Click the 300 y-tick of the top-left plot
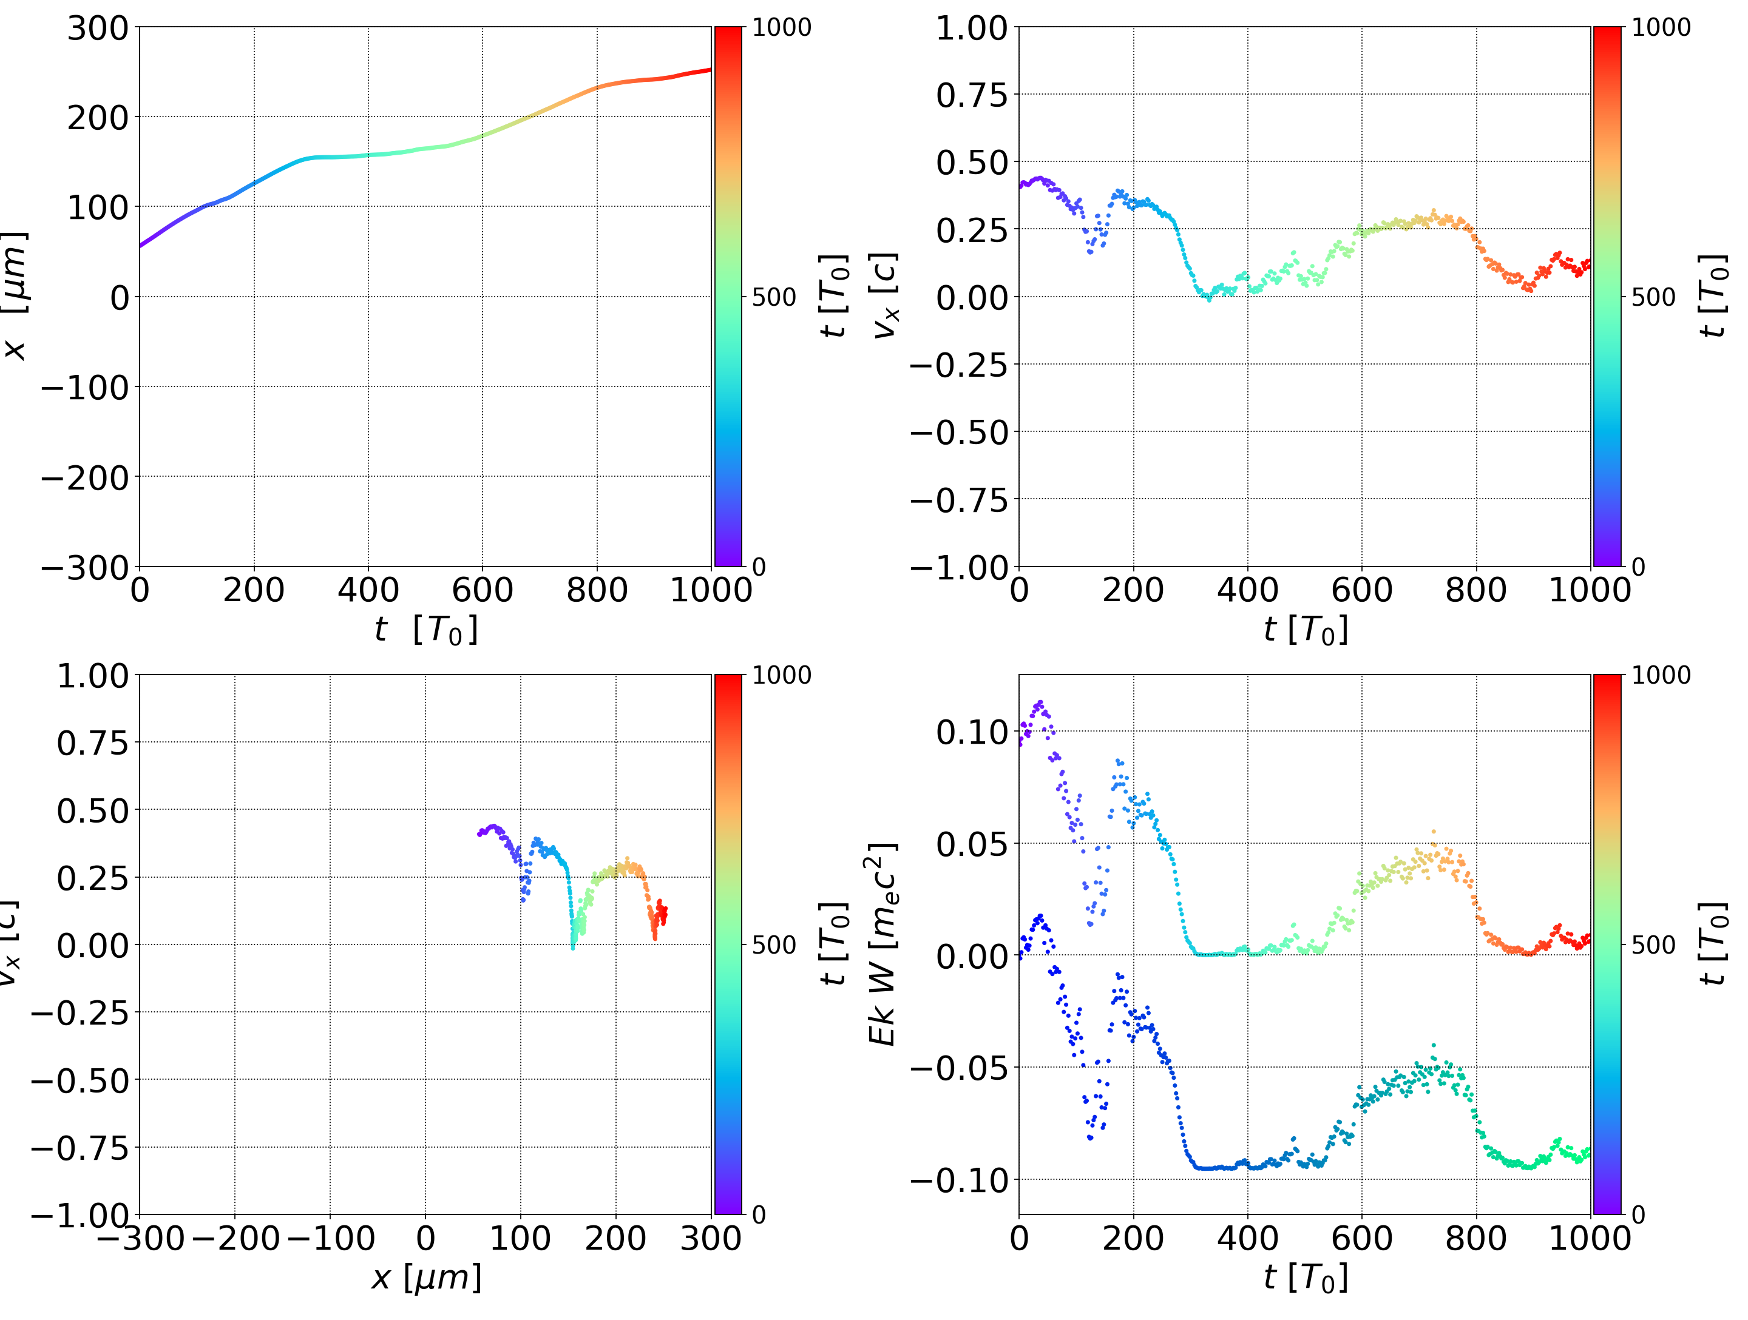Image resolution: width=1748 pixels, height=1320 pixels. pyautogui.click(x=97, y=29)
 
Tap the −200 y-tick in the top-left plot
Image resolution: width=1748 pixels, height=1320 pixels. pyautogui.click(x=84, y=478)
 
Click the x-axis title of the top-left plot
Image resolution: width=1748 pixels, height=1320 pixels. pyautogui.click(x=426, y=630)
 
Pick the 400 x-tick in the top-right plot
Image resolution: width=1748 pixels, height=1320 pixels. pyautogui.click(x=1247, y=590)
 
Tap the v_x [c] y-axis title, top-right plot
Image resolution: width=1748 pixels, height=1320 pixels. pyautogui.click(x=885, y=296)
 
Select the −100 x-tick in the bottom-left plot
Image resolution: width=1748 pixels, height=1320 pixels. pyautogui.click(x=330, y=1238)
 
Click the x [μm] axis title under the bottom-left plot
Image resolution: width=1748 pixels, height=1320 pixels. pyautogui.click(x=426, y=1278)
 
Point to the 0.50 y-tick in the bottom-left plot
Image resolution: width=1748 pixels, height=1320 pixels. pyautogui.click(x=92, y=810)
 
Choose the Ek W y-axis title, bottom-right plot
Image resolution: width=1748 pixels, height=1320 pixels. pyautogui.click(x=884, y=944)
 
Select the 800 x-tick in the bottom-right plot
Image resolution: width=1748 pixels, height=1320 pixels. pyautogui.click(x=1475, y=1238)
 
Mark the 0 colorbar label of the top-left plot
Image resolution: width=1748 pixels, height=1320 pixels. pyautogui.click(x=759, y=567)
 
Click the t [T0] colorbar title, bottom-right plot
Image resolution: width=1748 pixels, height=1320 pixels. pyautogui.click(x=1712, y=944)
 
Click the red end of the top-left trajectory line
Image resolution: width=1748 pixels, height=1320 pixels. pyautogui.click(x=709, y=70)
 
